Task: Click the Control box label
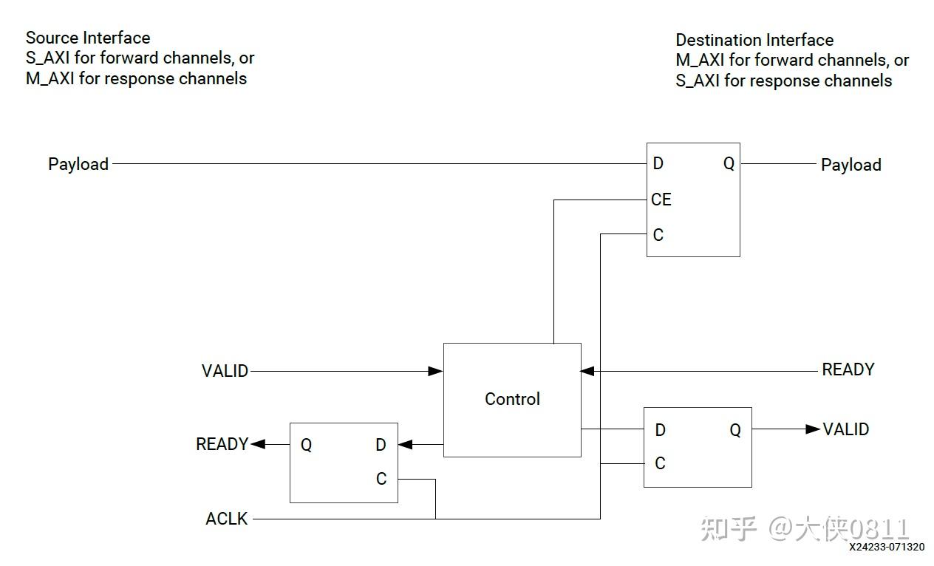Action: point(512,399)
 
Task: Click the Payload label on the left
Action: point(78,164)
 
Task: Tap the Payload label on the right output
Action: point(851,165)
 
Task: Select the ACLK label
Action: point(227,519)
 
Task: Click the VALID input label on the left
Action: point(225,371)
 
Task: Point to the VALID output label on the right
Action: point(845,429)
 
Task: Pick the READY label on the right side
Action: point(848,369)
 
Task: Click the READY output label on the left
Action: point(222,444)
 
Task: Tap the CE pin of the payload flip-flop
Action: point(661,200)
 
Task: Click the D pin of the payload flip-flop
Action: point(658,163)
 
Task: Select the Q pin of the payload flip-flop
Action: point(729,164)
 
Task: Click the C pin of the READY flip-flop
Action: point(381,479)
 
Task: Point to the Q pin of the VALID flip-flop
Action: point(734,430)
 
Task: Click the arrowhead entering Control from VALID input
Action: point(436,371)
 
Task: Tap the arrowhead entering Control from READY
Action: point(588,370)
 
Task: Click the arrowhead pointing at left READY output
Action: point(258,444)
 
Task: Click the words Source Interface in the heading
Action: point(88,38)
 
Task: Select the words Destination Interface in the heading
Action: point(754,40)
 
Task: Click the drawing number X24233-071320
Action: point(886,547)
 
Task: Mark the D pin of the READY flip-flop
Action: point(381,445)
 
